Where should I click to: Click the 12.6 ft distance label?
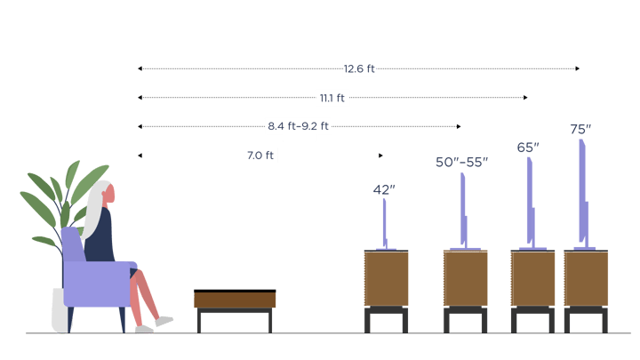358,68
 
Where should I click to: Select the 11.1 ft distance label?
332,98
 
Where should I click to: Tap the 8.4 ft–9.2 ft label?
299,126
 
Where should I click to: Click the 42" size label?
383,189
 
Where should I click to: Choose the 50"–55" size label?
461,162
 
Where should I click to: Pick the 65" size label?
528,148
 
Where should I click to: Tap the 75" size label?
580,130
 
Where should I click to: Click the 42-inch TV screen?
384,222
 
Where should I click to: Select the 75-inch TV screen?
582,191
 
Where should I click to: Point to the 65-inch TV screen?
530,200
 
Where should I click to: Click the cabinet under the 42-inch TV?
386,278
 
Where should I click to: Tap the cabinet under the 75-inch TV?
586,278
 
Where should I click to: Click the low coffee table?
235,300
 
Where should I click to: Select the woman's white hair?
96,210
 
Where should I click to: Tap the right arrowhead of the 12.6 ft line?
578,68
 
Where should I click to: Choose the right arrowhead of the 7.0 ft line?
380,156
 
